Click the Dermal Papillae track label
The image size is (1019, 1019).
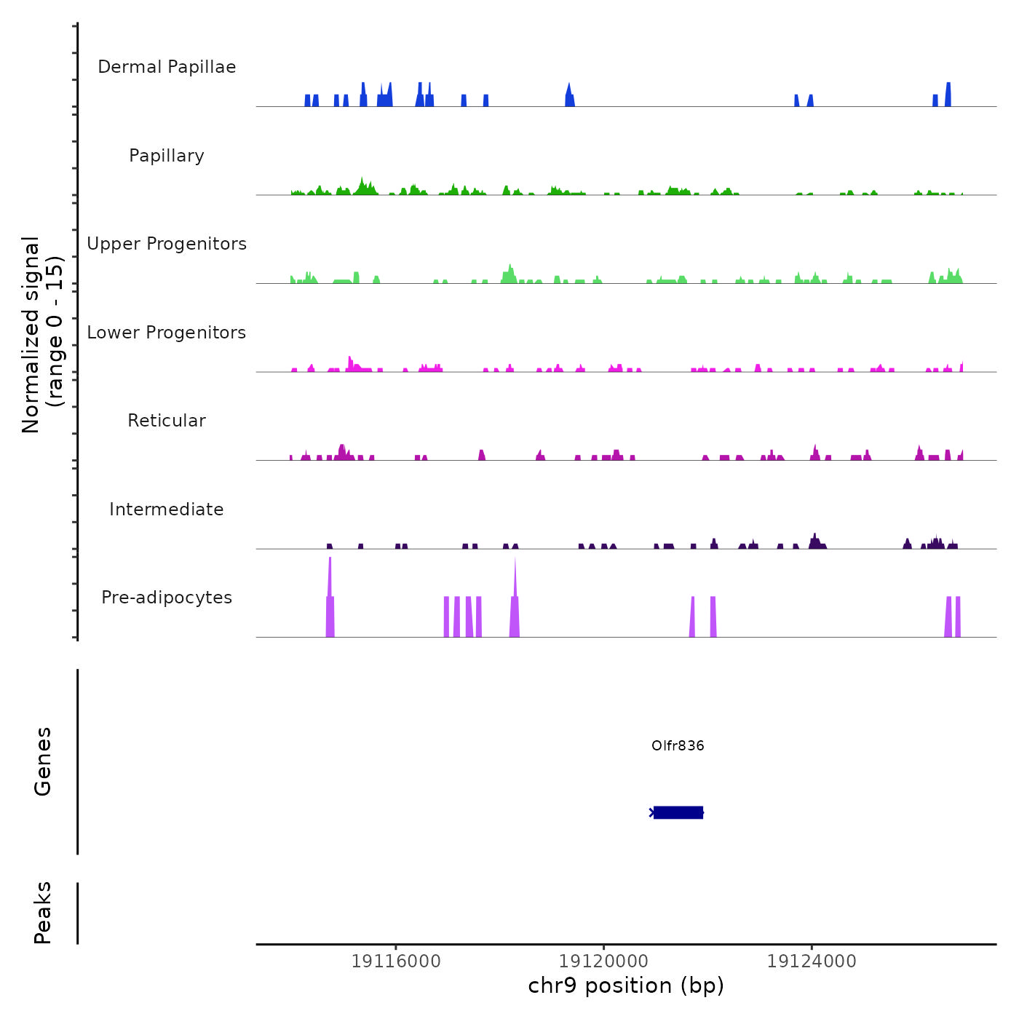[x=167, y=67]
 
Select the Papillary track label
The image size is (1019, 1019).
[x=167, y=156]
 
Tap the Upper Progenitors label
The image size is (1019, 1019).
[x=167, y=244]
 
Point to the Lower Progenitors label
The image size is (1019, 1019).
[x=167, y=333]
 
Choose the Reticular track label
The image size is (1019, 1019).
[x=167, y=421]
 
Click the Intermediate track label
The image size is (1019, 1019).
[x=167, y=509]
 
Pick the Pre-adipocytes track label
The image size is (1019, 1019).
[x=167, y=598]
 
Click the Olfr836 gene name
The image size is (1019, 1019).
[x=678, y=745]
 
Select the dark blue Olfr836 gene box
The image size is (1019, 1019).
[x=678, y=812]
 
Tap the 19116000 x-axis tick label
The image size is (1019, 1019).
[x=396, y=961]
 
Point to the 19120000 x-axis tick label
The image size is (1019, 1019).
[x=603, y=961]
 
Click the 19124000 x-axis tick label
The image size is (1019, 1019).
[x=812, y=961]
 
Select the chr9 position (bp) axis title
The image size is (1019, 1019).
[x=626, y=986]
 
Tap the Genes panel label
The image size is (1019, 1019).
[x=43, y=761]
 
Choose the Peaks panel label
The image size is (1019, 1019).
[x=43, y=912]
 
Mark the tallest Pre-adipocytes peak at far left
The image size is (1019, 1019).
[x=330, y=582]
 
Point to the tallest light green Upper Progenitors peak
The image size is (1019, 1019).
[x=510, y=272]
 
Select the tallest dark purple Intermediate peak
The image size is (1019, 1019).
[x=815, y=540]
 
